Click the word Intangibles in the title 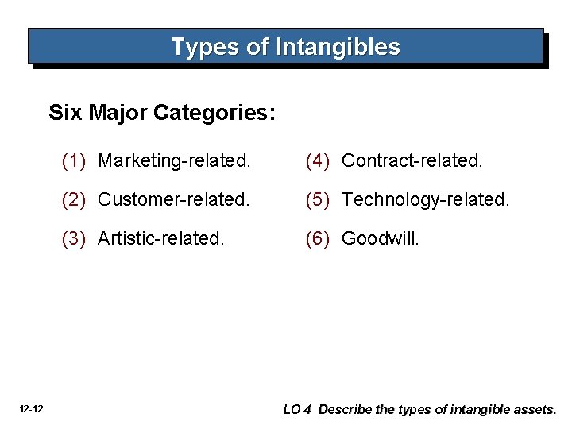pos(338,47)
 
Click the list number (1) pos(74,160)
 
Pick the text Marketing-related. pos(175,160)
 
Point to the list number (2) pos(74,199)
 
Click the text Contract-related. pos(412,160)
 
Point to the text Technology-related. pos(425,199)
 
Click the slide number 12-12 pos(33,409)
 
